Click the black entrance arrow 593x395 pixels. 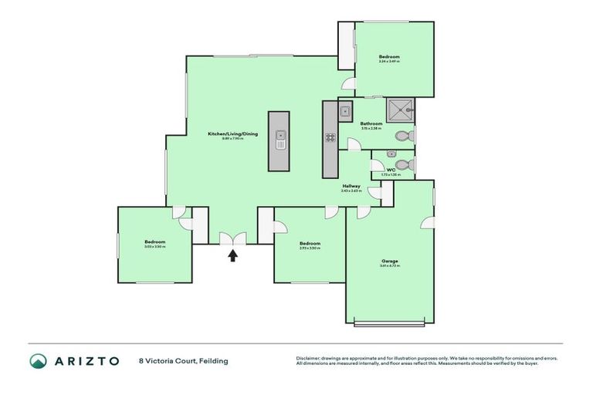click(x=232, y=255)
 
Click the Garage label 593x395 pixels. click(x=389, y=261)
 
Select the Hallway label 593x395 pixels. click(x=352, y=186)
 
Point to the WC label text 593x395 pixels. click(x=391, y=170)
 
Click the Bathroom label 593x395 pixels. click(x=371, y=123)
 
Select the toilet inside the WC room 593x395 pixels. click(x=406, y=164)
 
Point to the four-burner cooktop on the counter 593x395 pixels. click(x=330, y=138)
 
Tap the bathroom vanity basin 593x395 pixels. click(x=344, y=110)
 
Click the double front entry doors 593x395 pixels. click(x=232, y=238)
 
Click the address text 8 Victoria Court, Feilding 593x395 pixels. click(x=183, y=360)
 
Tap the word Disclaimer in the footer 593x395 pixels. click(x=310, y=358)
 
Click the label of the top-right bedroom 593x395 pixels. click(x=389, y=57)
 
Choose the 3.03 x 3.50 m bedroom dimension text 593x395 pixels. click(x=154, y=246)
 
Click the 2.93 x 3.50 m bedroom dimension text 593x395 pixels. click(x=310, y=248)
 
